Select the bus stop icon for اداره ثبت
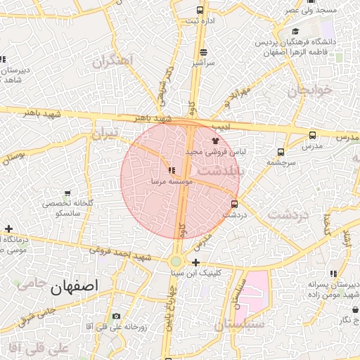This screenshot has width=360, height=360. (200, 10)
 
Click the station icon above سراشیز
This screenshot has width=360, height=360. (204, 51)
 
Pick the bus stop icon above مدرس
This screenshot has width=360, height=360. (312, 134)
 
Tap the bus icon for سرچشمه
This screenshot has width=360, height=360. (281, 151)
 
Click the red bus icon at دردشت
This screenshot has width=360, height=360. (234, 205)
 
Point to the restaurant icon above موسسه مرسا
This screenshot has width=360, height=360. (171, 169)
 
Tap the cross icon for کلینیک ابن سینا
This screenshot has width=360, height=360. (195, 262)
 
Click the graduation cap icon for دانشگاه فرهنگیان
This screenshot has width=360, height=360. (295, 32)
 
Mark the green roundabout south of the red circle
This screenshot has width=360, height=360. (176, 262)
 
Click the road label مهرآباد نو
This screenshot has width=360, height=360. (236, 96)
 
